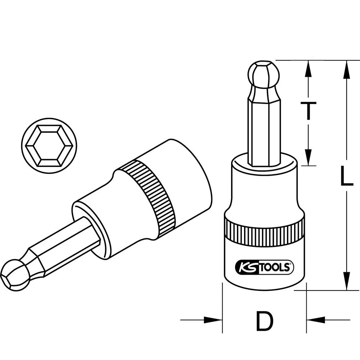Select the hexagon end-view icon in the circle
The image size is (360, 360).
(49, 145)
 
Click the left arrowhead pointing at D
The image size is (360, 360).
(212, 319)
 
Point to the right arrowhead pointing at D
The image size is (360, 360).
(316, 319)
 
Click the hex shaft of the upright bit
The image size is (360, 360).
(264, 130)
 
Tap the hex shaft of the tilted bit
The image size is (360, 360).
(65, 248)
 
